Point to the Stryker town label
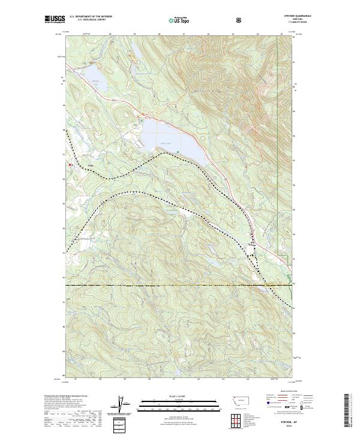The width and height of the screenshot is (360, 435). point(252,243)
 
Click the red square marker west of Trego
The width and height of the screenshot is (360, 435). point(70,164)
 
